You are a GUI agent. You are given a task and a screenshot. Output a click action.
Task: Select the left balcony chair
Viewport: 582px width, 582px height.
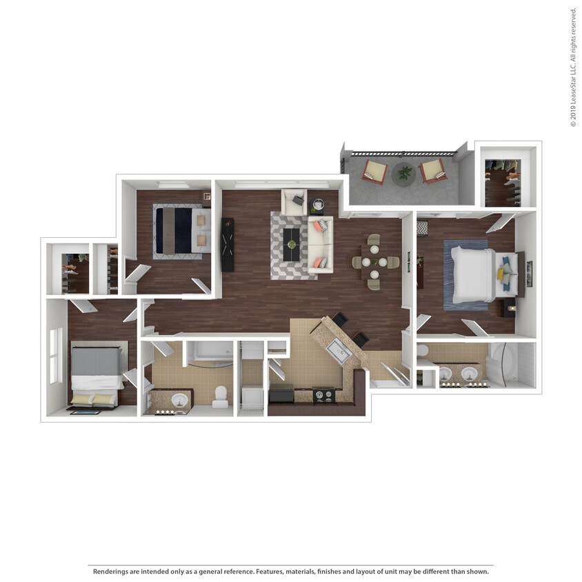(375, 171)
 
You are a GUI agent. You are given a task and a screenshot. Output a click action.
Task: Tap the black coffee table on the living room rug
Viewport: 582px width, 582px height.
(292, 244)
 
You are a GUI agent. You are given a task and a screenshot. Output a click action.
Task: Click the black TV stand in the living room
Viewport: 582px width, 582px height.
(227, 244)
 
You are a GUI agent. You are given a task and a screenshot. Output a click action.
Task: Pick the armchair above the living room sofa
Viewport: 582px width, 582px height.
(294, 201)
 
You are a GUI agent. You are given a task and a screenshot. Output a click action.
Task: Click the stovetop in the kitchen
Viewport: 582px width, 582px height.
(324, 395)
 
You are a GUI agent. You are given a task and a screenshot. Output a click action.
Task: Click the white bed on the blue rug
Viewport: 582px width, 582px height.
(474, 275)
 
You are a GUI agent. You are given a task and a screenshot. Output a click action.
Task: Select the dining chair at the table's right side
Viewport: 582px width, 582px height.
(392, 262)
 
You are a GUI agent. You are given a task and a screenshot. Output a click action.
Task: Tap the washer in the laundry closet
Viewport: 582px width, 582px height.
(252, 397)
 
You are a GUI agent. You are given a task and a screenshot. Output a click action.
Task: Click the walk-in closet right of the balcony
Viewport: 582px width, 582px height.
(507, 178)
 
